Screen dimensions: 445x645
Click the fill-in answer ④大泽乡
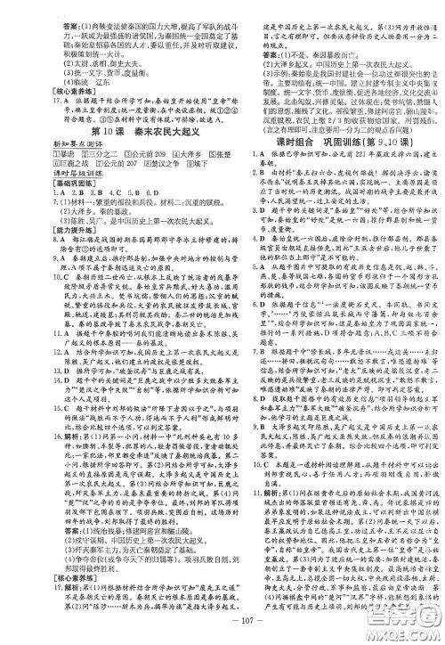[142, 153]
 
